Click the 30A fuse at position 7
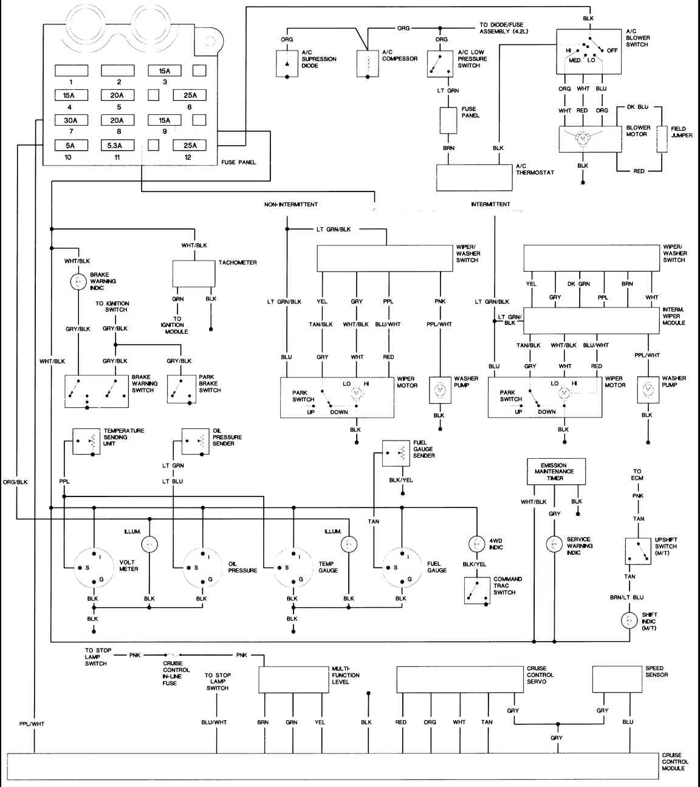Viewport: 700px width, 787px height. [x=71, y=120]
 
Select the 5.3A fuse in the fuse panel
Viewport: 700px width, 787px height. [x=117, y=145]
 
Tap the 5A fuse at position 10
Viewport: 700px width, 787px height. [x=71, y=145]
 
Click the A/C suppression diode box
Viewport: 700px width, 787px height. [x=287, y=64]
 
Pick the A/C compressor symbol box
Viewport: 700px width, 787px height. [x=368, y=63]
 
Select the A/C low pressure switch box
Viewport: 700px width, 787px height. [x=440, y=64]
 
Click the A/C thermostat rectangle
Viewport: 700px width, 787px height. [x=475, y=177]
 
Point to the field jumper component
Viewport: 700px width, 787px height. [x=662, y=139]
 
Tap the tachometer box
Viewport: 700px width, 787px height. [x=194, y=274]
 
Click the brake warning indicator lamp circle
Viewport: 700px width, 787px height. [x=78, y=281]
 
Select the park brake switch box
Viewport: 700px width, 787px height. [x=182, y=389]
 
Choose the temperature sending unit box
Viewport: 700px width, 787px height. [x=86, y=441]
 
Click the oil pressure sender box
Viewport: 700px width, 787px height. [x=196, y=441]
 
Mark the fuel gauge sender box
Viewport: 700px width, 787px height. [x=396, y=453]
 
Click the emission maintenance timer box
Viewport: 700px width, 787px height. [x=556, y=472]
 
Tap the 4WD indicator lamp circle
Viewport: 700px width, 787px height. [x=476, y=544]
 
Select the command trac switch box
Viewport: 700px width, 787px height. [x=477, y=591]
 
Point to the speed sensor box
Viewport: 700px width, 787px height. [x=617, y=679]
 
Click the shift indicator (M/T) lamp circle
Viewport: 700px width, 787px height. [x=630, y=620]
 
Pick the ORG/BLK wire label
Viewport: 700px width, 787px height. [x=15, y=482]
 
